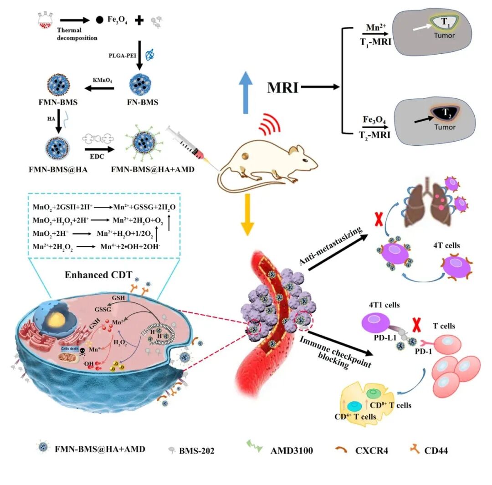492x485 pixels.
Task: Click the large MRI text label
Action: (x=282, y=87)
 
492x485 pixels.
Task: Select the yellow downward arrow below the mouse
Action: (x=246, y=214)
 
